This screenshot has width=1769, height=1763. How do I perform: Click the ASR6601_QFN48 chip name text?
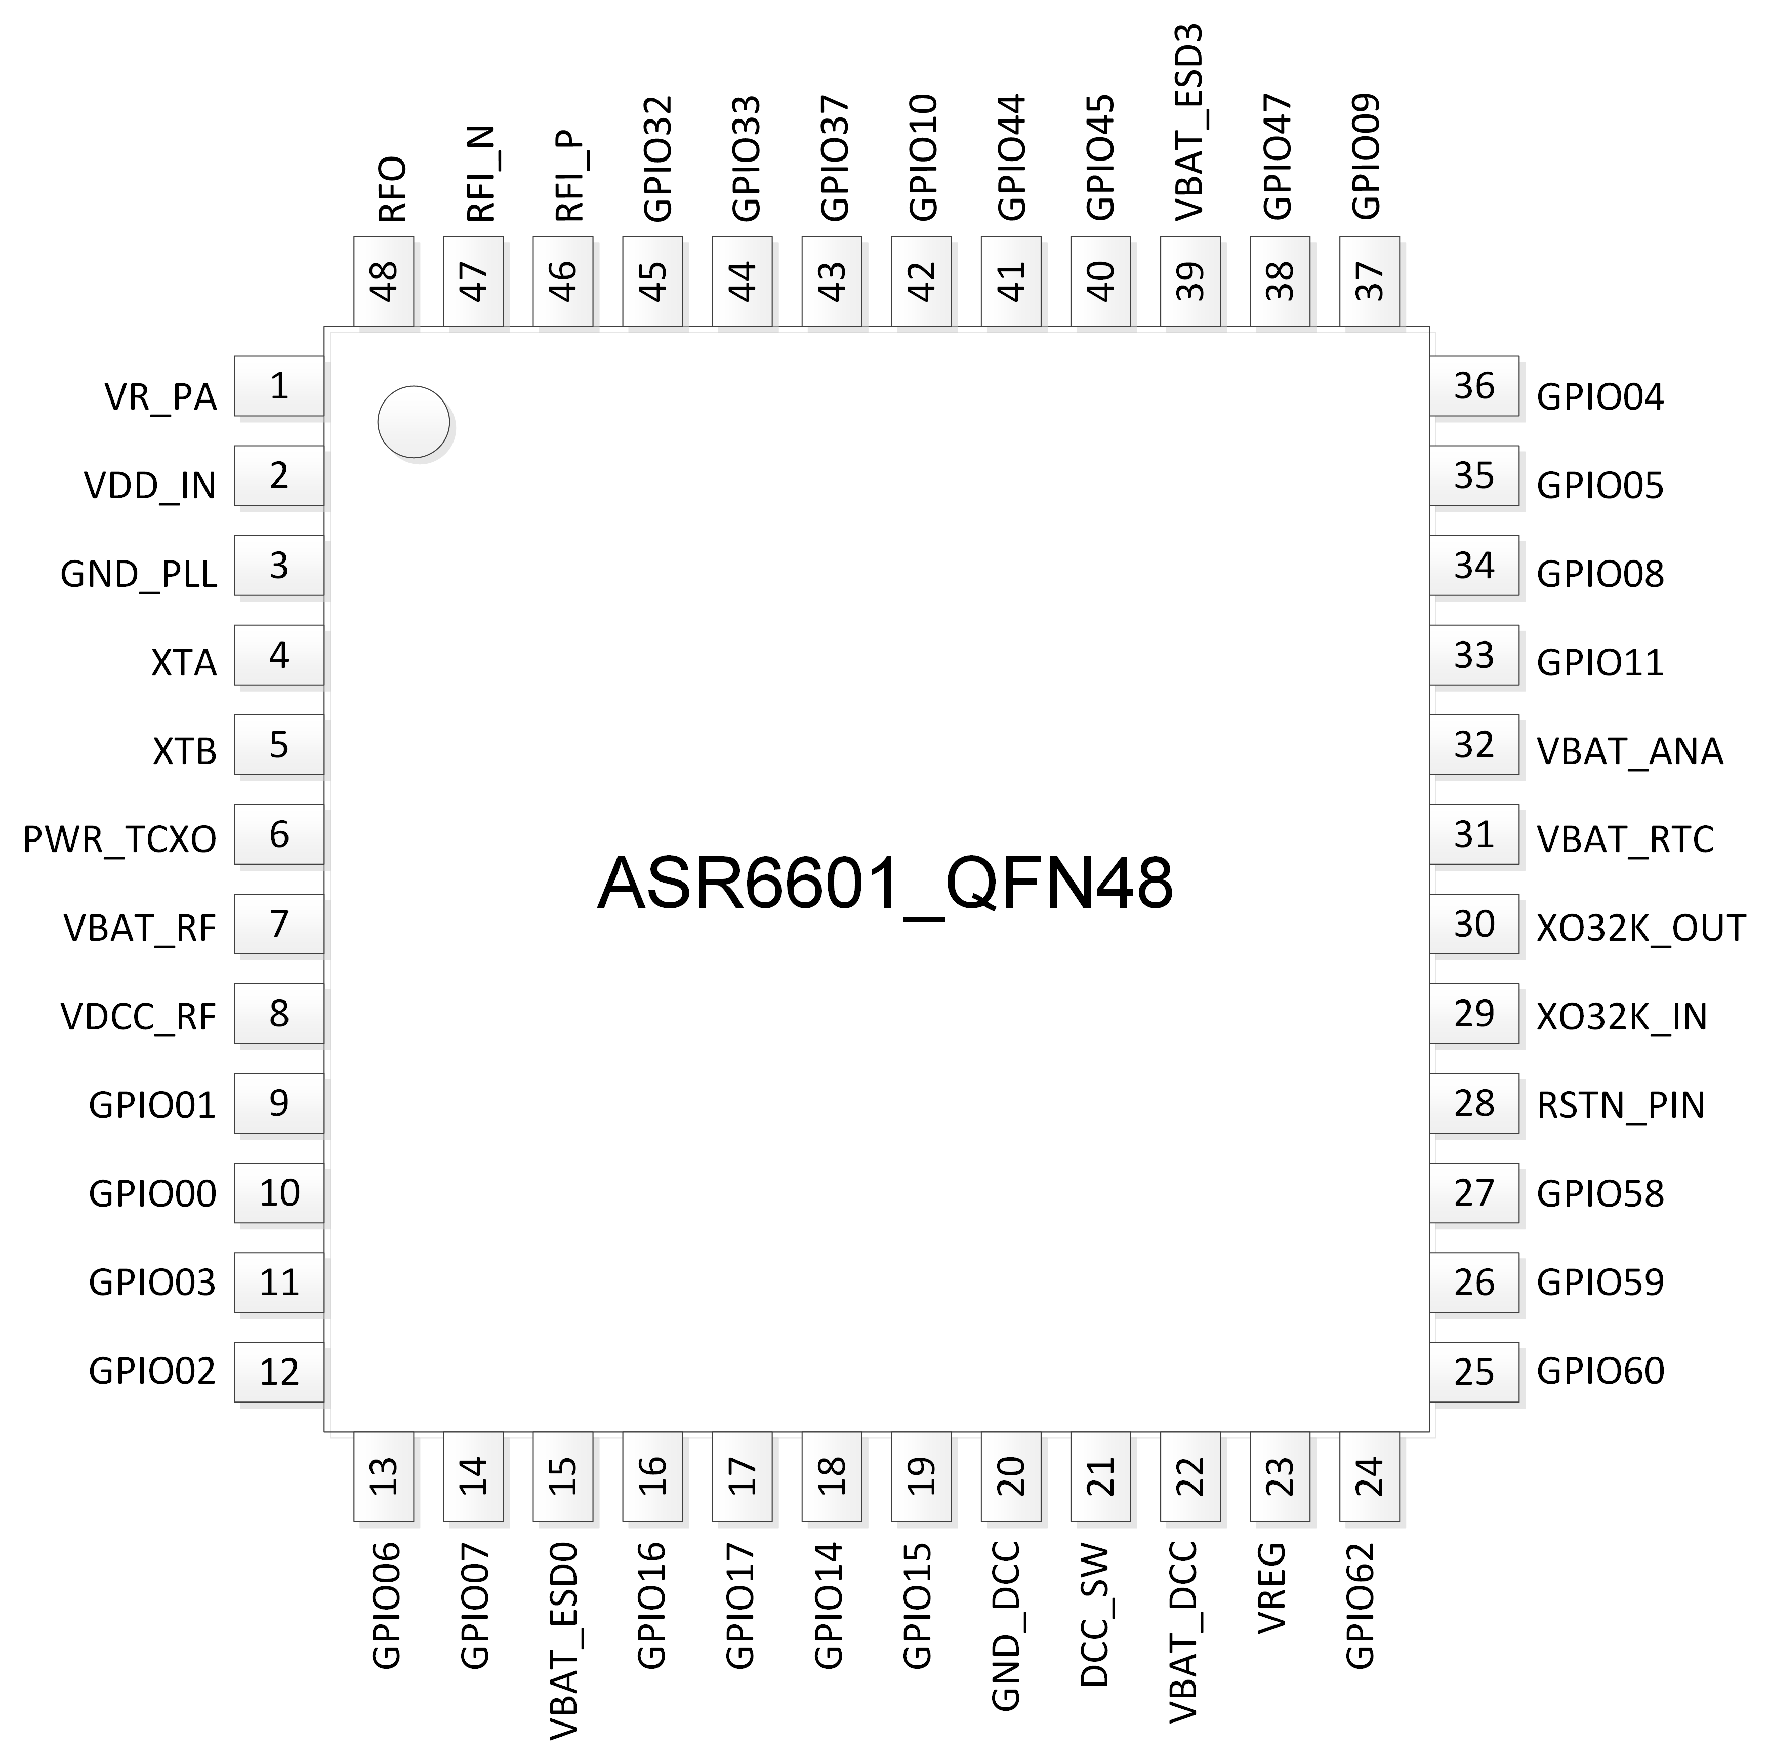(x=885, y=885)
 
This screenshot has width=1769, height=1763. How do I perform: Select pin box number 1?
(x=279, y=386)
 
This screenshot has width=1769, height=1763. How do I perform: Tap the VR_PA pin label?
(x=160, y=397)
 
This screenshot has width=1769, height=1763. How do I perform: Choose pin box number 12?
(x=279, y=1372)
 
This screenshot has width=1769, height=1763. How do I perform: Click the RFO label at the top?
(x=392, y=189)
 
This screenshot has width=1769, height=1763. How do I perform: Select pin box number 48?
(x=384, y=281)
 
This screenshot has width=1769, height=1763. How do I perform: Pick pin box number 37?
(x=1370, y=281)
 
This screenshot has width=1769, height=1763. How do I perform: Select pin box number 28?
(x=1474, y=1104)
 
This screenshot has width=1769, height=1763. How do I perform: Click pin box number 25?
(x=1474, y=1372)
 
